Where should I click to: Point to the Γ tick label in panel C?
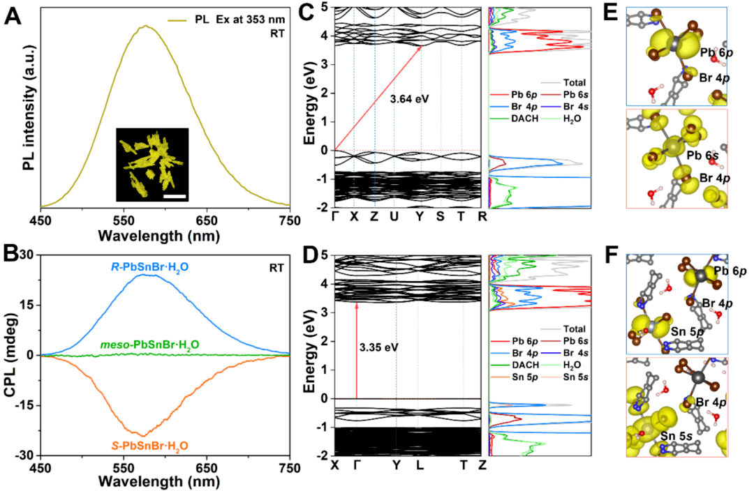pos(335,217)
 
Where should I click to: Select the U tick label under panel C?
pos(394,217)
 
